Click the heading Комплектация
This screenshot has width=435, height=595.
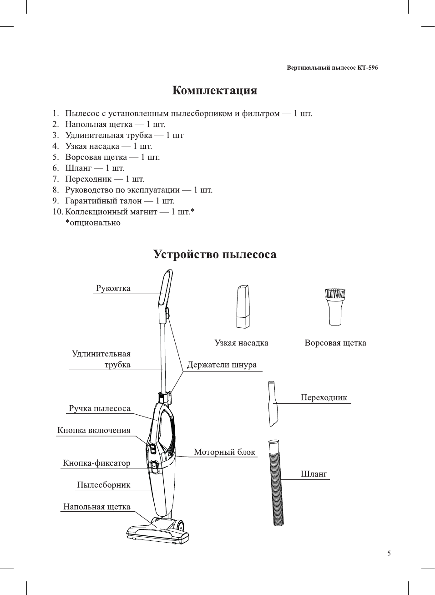[214, 90]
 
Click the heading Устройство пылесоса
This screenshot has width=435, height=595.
[214, 254]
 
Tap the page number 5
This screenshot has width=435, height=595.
[389, 553]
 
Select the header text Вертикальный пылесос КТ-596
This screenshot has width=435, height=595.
[332, 68]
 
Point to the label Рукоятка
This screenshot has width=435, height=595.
[113, 288]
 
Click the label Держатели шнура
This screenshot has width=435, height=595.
[222, 365]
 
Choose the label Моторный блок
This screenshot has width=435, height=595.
[224, 452]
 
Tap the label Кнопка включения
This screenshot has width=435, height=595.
[94, 430]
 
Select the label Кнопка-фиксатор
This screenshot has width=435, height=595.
[96, 463]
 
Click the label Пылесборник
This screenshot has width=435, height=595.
[103, 485]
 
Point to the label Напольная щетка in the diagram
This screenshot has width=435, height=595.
[96, 507]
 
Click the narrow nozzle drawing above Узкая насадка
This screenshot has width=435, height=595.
[243, 306]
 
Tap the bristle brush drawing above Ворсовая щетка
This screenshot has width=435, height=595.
[335, 306]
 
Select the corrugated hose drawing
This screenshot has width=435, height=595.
[276, 483]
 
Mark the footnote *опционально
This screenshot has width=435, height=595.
[93, 223]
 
